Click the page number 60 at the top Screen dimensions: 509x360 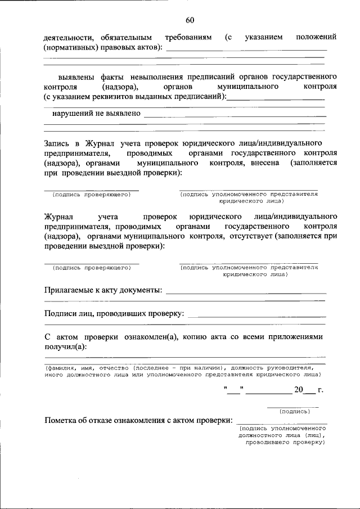[190, 21]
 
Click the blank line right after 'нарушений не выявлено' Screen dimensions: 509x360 [235, 115]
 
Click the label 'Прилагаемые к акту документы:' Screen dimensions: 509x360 [103, 290]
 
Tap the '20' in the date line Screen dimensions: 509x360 [298, 390]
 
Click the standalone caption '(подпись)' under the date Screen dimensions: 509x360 [295, 411]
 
